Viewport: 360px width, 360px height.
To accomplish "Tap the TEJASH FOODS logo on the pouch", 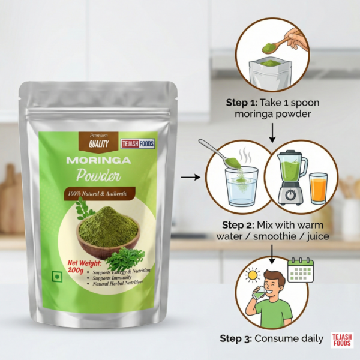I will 138,143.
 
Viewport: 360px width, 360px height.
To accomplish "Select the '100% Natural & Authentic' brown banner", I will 100,193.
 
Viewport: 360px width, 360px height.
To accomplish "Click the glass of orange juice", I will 318,187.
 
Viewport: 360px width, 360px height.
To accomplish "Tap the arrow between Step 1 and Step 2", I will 272,133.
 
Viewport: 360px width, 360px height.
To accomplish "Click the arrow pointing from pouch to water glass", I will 191,177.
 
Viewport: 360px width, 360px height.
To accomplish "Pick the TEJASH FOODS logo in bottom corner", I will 344,340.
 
